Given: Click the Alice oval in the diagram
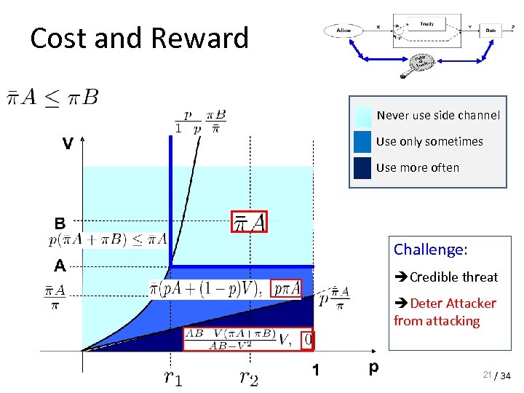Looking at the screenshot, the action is [344, 30].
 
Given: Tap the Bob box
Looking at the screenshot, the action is [491, 31].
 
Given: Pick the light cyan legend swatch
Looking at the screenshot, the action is [362, 116].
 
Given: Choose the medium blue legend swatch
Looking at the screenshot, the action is [362, 141].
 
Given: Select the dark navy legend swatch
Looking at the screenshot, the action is [362, 167].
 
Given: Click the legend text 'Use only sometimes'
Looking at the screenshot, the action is [429, 141].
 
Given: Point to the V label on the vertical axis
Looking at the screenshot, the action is [67, 144].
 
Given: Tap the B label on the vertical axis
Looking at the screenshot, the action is [60, 223].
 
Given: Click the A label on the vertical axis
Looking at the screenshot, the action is [60, 265].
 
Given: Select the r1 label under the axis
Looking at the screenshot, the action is [172, 376].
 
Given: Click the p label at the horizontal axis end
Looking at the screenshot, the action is [373, 368].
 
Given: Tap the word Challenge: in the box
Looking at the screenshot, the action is [430, 250].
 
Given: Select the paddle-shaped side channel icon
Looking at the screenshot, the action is [418, 64].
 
